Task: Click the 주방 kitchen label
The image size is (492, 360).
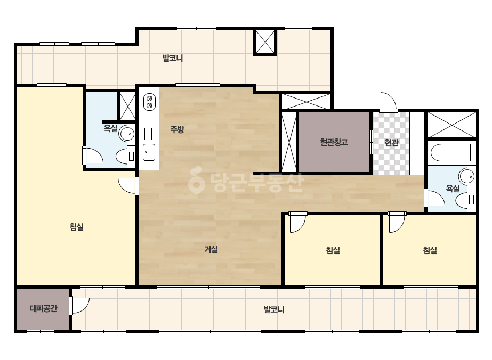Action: pyautogui.click(x=177, y=129)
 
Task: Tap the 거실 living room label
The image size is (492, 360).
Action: pyautogui.click(x=211, y=249)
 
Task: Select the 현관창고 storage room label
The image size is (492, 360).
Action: pyautogui.click(x=334, y=142)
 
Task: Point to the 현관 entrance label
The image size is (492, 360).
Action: pyautogui.click(x=391, y=143)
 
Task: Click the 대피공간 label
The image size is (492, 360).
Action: pyautogui.click(x=44, y=308)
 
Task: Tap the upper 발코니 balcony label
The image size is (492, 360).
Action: pyautogui.click(x=173, y=58)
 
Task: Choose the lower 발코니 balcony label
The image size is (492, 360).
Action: pyautogui.click(x=274, y=309)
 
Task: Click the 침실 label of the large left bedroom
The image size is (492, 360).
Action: pyautogui.click(x=77, y=227)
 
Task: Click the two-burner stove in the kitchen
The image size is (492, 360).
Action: pyautogui.click(x=149, y=102)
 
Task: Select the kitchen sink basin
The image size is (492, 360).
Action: pyautogui.click(x=149, y=152)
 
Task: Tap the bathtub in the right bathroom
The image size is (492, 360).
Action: pyautogui.click(x=451, y=152)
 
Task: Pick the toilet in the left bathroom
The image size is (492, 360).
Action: pyautogui.click(x=125, y=156)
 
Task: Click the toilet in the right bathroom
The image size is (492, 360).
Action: pyautogui.click(x=465, y=200)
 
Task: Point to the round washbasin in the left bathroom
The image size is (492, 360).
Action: pyautogui.click(x=127, y=134)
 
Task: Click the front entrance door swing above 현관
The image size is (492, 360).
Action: pyautogui.click(x=388, y=101)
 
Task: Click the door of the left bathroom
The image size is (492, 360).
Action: pyautogui.click(x=93, y=155)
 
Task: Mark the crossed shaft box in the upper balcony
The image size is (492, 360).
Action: pyautogui.click(x=265, y=42)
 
